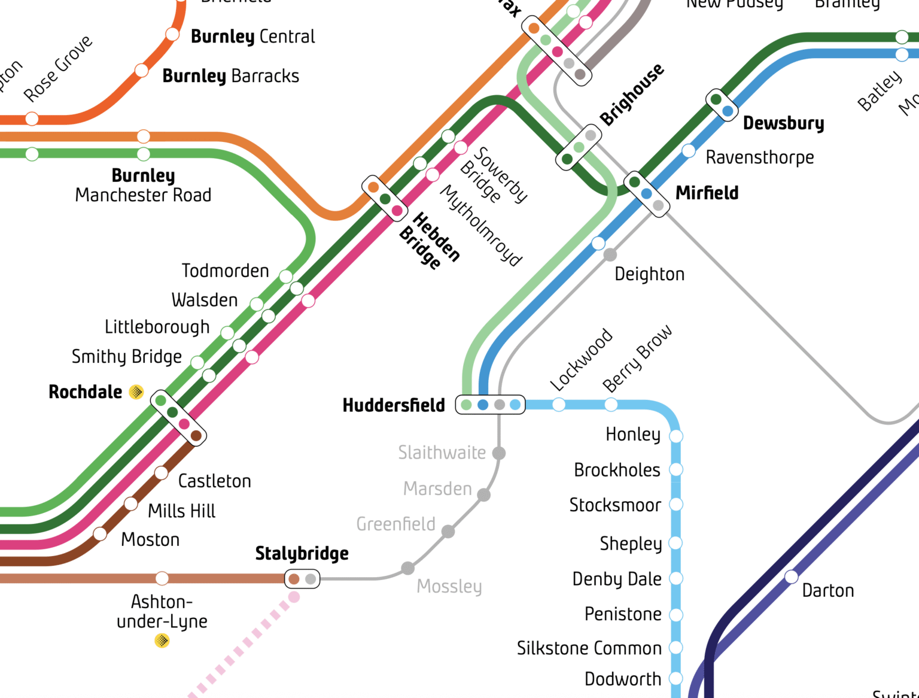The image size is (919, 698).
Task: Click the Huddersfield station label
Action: pos(394,405)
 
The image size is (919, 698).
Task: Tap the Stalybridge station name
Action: pos(302,554)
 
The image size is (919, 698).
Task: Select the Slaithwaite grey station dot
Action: pos(499,453)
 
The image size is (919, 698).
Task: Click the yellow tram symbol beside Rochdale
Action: pos(136,392)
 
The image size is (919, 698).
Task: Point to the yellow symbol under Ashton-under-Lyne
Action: pos(162,641)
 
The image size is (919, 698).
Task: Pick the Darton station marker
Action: pos(792,576)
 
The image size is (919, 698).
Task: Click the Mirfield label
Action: pos(707,193)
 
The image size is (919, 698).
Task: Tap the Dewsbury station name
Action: pos(783,123)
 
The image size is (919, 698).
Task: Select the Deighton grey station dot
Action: pos(610,255)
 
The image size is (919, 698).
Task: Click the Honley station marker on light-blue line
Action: pos(676,436)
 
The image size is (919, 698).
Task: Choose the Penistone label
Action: pos(623,614)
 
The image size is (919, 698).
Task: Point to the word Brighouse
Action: pos(632,95)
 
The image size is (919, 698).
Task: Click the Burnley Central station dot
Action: pos(172,34)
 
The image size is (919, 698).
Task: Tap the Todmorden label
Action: pos(225,271)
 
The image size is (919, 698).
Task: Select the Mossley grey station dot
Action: pos(407,567)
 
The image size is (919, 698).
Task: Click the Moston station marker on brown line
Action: pos(101,533)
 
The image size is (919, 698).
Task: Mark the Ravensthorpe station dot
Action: pos(689,151)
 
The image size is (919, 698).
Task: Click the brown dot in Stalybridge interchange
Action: pos(294,579)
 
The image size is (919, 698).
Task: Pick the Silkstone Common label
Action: pos(589,648)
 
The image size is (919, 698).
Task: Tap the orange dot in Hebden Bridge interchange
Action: pos(373,187)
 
